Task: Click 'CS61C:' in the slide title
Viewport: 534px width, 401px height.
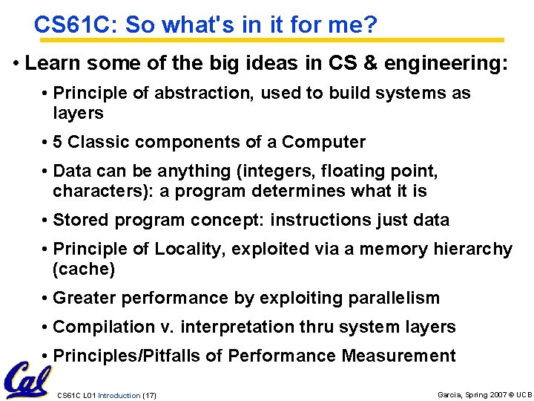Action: pos(76,25)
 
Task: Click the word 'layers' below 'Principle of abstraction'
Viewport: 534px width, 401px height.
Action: pos(78,113)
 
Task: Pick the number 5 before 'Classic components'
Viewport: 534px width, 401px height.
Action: pos(59,142)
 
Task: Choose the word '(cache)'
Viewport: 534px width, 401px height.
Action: pos(84,269)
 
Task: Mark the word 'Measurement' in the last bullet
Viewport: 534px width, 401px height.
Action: pos(398,356)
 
